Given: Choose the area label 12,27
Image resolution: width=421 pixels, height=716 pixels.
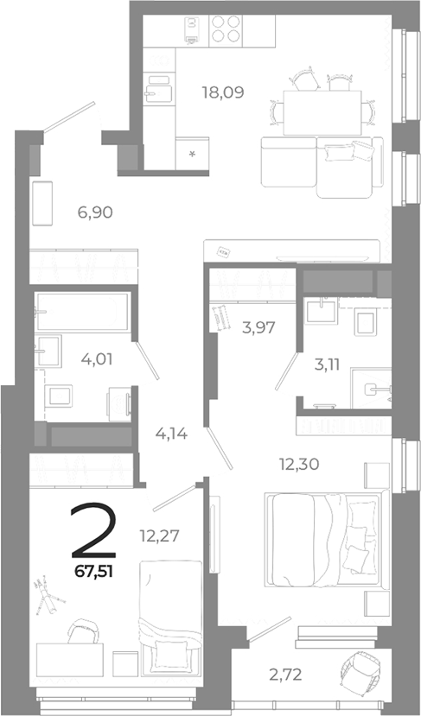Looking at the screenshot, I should click(159, 535).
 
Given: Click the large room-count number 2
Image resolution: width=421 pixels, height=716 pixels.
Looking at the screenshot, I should click(94, 529).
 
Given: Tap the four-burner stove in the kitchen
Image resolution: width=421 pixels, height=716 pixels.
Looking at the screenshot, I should click(226, 30).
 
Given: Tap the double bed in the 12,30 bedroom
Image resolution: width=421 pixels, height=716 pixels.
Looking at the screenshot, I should click(324, 537).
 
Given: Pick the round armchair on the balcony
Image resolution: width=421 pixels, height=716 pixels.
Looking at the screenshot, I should click(359, 672).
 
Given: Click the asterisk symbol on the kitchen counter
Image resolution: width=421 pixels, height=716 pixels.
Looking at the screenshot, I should click(192, 154).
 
